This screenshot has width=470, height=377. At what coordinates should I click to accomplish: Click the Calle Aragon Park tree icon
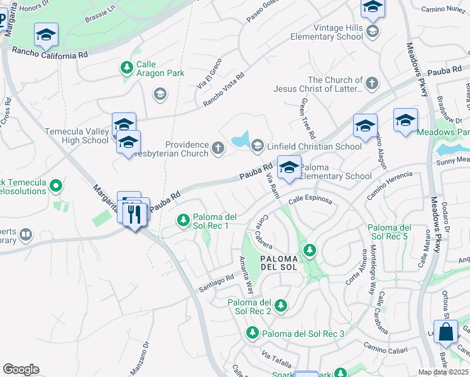(126, 67)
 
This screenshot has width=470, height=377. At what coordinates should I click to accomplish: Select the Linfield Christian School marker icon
(256, 146)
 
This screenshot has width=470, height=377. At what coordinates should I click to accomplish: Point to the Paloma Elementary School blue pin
(289, 168)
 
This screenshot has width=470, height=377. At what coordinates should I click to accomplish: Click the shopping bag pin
(446, 332)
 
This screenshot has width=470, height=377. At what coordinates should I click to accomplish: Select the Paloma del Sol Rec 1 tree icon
(183, 220)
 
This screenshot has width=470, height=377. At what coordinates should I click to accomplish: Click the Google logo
(21, 369)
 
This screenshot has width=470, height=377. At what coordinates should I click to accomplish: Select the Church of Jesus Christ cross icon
(372, 83)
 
